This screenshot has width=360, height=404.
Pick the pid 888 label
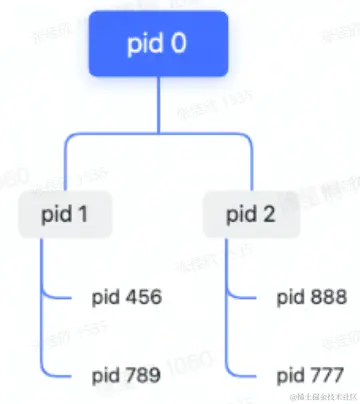(x=311, y=297)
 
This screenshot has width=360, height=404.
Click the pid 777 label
(x=311, y=377)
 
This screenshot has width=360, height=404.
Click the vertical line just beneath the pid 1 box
(x=40, y=260)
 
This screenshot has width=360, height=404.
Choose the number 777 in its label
(x=326, y=377)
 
